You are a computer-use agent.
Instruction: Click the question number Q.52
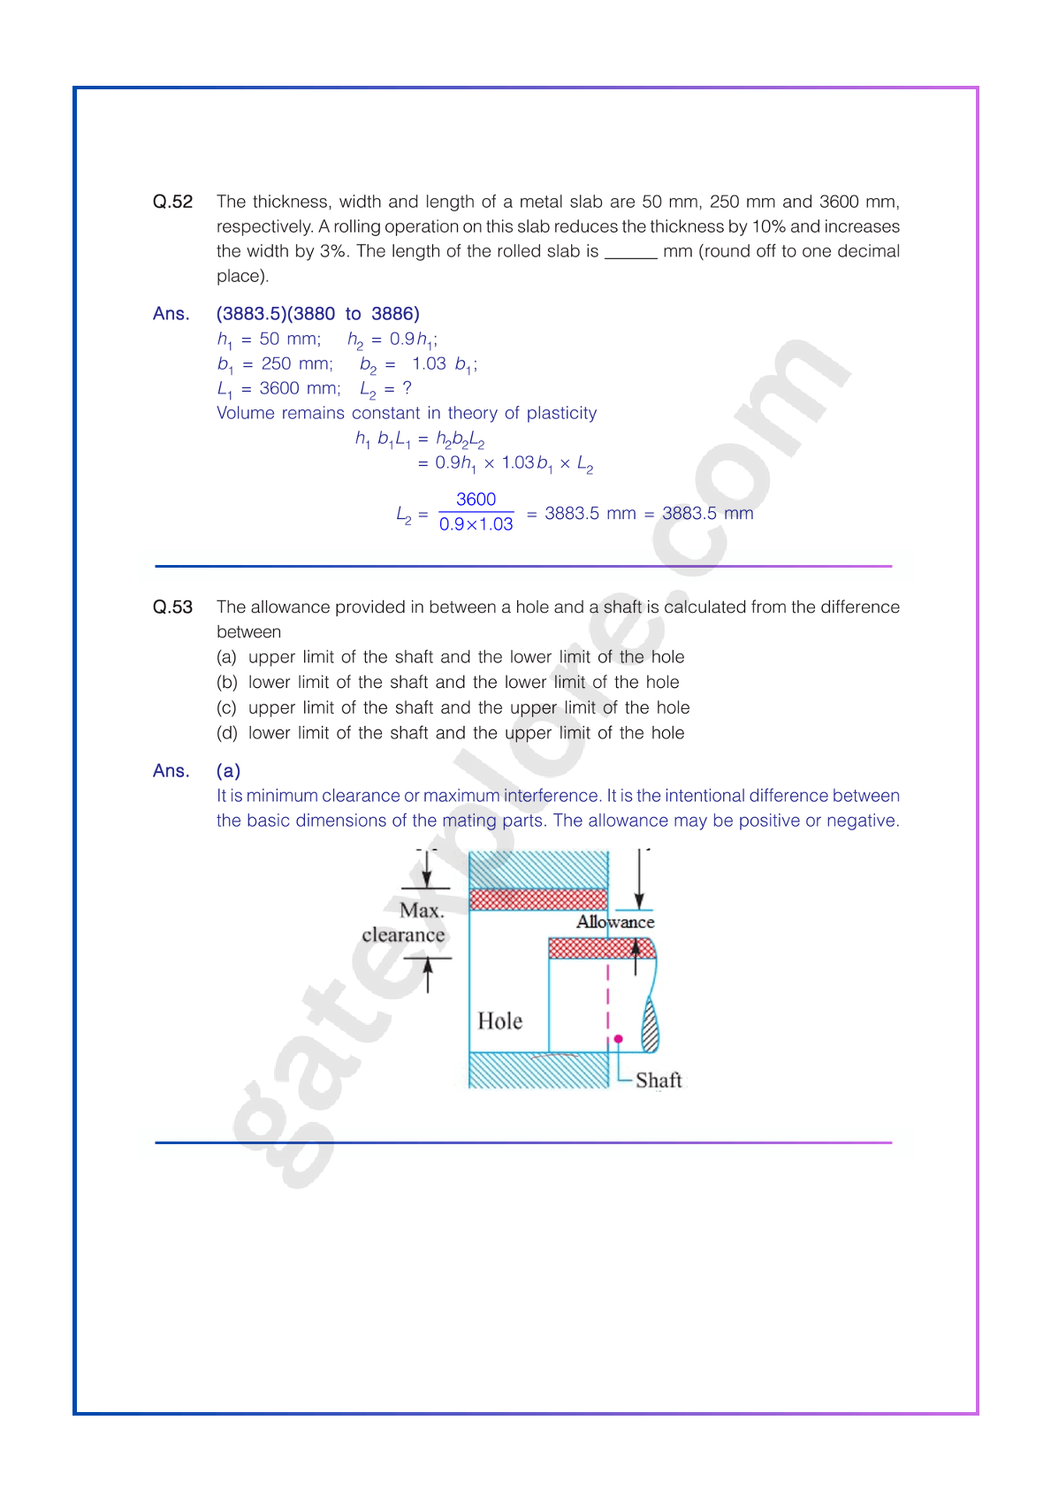(172, 202)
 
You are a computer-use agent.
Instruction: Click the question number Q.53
(172, 607)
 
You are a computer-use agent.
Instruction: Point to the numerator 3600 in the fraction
(476, 500)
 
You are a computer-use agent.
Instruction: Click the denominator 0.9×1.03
(476, 524)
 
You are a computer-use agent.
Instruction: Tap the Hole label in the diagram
(499, 1021)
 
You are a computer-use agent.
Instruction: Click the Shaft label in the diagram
(659, 1080)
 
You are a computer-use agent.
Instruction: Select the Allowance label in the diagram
(615, 922)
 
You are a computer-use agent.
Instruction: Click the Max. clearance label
(405, 923)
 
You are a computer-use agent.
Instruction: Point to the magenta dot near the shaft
(619, 1039)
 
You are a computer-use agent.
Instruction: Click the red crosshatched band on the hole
(537, 899)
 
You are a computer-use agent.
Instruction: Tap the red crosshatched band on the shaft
(601, 949)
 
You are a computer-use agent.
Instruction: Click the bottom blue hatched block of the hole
(537, 1070)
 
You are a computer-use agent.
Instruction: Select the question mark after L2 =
(407, 388)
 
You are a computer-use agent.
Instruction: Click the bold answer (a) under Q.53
(228, 771)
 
